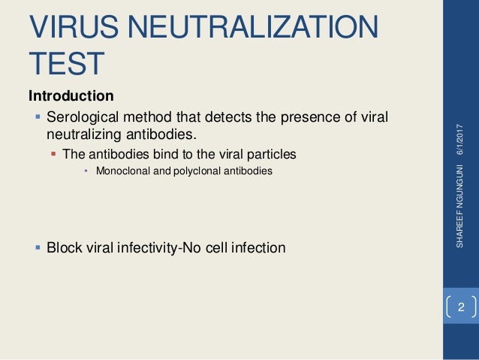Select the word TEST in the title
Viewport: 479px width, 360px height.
[x=66, y=65]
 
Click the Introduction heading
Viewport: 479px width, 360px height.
[x=71, y=96]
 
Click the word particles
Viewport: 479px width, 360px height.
[x=272, y=154]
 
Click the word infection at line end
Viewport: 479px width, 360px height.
[x=258, y=247]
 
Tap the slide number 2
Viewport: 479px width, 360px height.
[x=461, y=307]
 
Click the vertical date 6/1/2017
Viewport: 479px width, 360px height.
[x=460, y=140]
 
